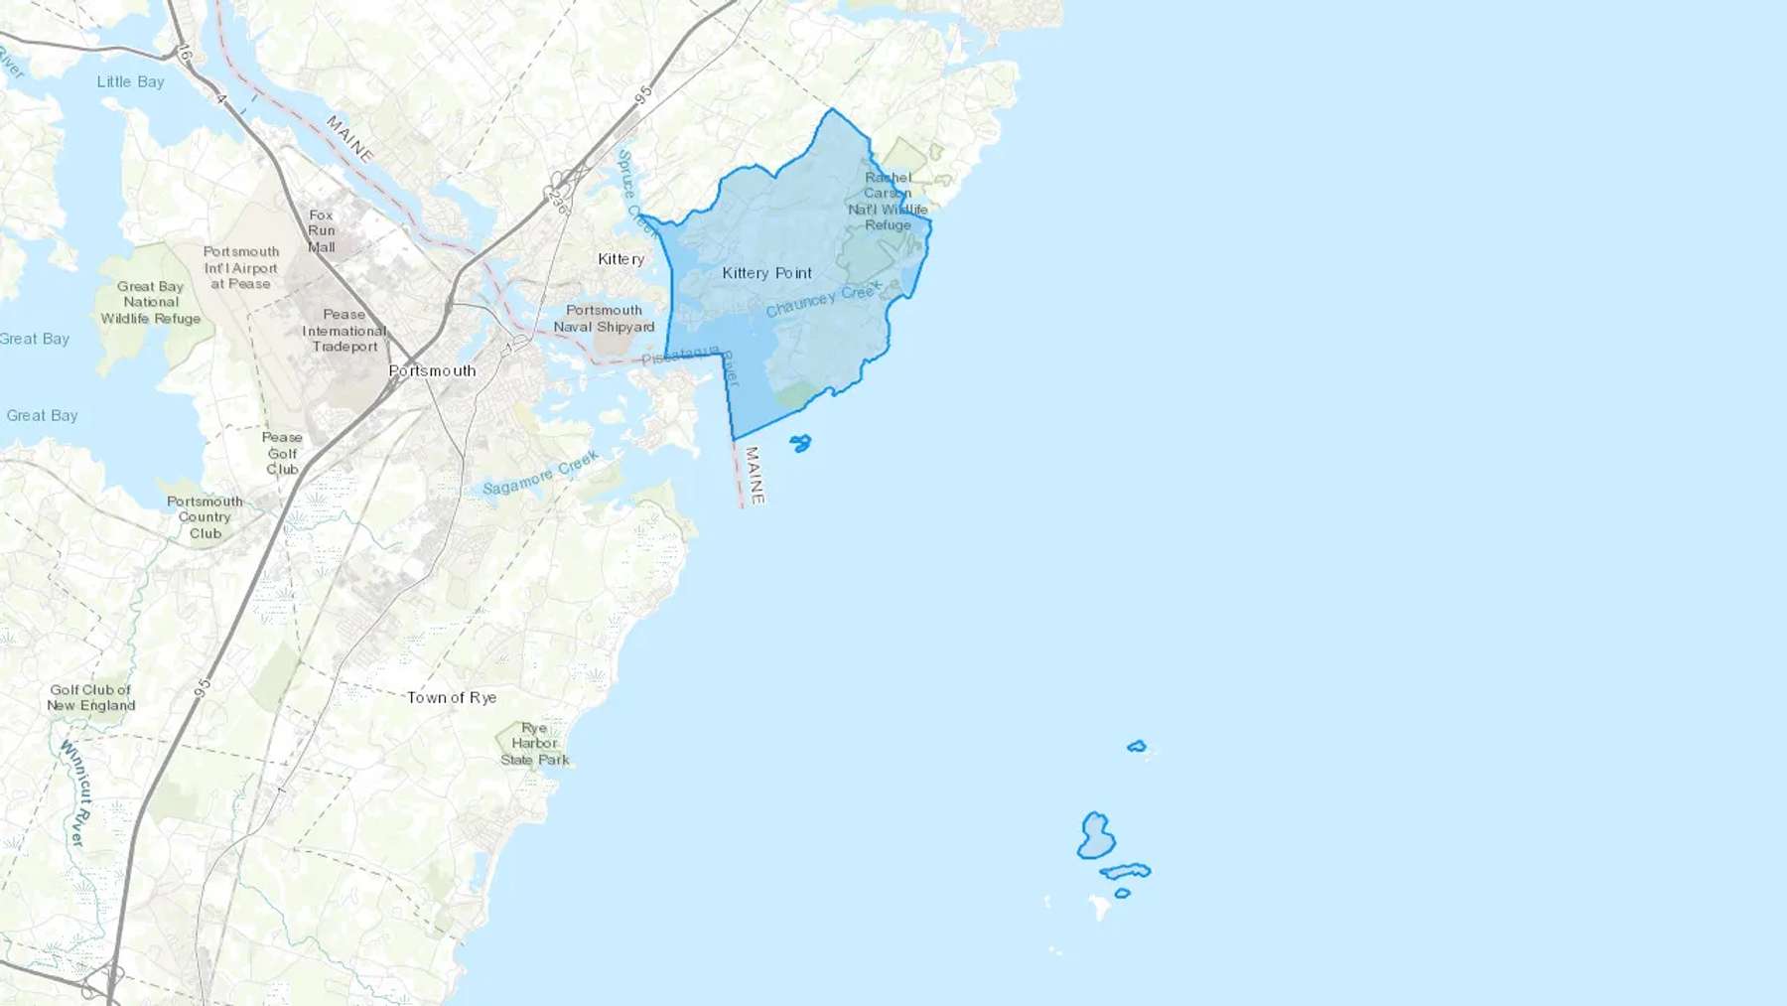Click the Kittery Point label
click(766, 273)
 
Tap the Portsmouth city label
click(432, 370)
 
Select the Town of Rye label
click(452, 697)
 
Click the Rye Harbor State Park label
click(535, 744)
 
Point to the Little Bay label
click(130, 81)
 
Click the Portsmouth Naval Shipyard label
click(604, 319)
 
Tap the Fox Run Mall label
click(321, 230)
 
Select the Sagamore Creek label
click(540, 473)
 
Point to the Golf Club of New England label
click(91, 697)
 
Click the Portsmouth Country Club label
click(205, 517)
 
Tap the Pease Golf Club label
click(282, 453)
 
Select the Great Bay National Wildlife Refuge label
click(151, 302)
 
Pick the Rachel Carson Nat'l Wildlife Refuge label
click(888, 202)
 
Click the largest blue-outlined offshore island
click(1095, 836)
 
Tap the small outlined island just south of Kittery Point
click(800, 443)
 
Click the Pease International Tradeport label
click(344, 331)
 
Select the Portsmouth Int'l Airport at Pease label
click(240, 267)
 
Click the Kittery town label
click(620, 259)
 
